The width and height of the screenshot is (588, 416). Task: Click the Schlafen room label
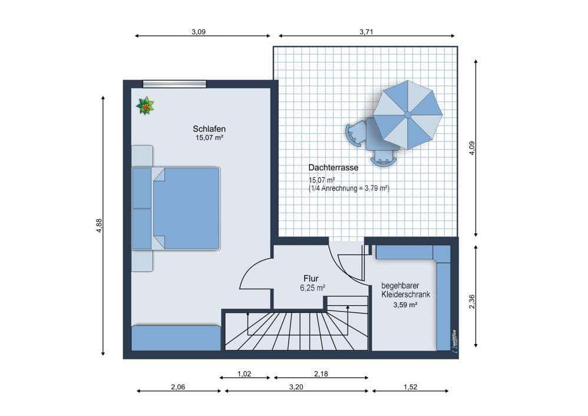[209, 128]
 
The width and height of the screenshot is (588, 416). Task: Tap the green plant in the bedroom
[145, 106]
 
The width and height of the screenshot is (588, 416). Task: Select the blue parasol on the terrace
[408, 115]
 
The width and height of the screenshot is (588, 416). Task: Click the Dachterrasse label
[333, 168]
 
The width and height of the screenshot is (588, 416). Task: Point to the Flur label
[311, 279]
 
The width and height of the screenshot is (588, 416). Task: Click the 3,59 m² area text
[405, 305]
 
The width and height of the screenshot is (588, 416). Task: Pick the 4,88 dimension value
[99, 226]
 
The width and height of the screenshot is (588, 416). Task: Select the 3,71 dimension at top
[366, 32]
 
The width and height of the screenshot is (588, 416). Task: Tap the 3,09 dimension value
[199, 32]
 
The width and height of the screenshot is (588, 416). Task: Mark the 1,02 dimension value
[244, 374]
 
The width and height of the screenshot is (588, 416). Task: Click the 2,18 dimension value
[321, 374]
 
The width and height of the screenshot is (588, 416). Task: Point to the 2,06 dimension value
[178, 387]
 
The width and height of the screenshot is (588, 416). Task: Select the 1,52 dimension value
[411, 387]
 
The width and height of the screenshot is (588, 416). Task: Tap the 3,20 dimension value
[296, 387]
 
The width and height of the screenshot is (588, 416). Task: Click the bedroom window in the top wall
[175, 84]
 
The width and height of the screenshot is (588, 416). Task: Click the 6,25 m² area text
[312, 288]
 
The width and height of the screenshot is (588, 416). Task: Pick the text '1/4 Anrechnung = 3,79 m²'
[349, 189]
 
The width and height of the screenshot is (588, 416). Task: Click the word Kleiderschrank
[406, 295]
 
